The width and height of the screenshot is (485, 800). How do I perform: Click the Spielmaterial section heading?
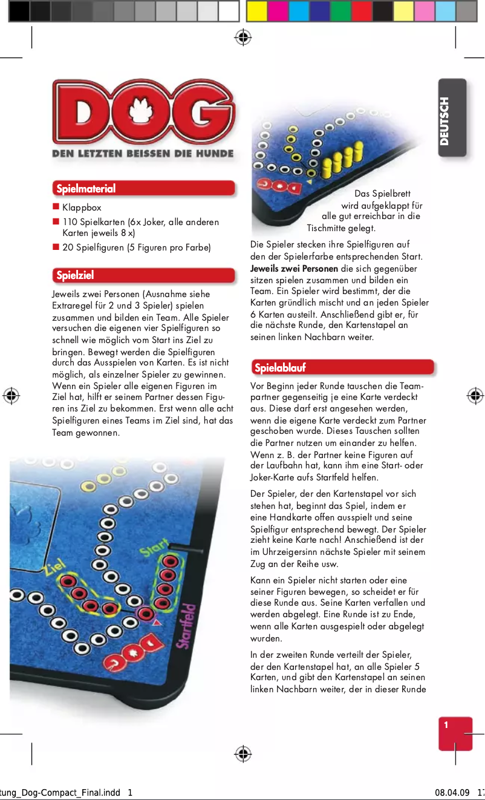click(86, 189)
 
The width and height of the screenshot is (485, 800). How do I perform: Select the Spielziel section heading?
click(76, 276)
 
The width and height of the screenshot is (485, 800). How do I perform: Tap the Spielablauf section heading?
click(280, 368)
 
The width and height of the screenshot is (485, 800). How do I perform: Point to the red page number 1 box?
click(455, 733)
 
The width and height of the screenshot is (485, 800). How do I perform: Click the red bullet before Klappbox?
click(56, 208)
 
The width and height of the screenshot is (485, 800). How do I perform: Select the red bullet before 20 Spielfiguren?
click(56, 247)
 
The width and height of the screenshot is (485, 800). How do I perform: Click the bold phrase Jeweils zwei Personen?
click(294, 269)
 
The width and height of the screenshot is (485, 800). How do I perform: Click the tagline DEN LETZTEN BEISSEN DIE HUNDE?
click(143, 154)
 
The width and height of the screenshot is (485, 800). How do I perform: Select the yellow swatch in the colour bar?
click(257, 11)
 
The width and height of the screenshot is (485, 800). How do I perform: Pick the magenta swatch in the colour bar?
click(278, 11)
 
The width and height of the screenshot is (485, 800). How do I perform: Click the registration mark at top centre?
click(242, 38)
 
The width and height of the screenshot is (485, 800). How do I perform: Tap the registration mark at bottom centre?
click(242, 753)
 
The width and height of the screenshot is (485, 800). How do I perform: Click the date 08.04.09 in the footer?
click(452, 793)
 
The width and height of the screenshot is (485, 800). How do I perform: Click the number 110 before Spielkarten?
click(70, 222)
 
